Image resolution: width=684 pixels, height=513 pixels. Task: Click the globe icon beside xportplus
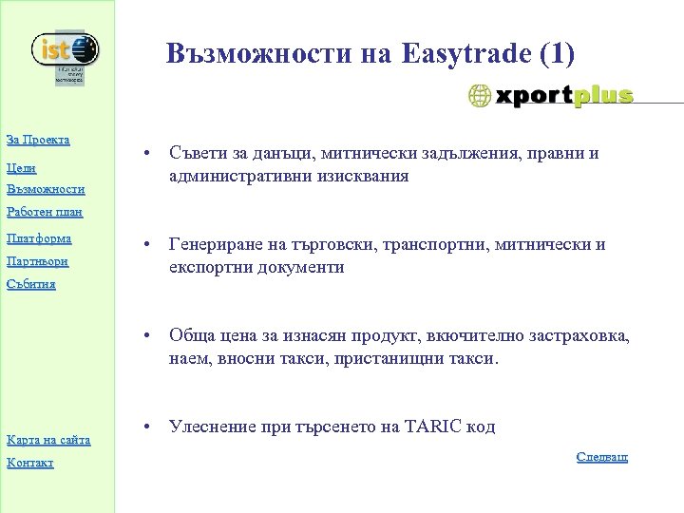[x=481, y=96]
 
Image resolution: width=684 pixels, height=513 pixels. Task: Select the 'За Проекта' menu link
[x=38, y=141]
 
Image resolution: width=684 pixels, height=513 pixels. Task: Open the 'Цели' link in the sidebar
[x=21, y=166]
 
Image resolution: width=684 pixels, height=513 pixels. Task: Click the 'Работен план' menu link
[x=44, y=213]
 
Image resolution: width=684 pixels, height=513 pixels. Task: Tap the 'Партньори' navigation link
[x=38, y=260]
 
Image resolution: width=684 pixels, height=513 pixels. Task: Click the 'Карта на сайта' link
[x=48, y=439]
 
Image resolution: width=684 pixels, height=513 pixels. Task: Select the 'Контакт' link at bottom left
[x=29, y=463]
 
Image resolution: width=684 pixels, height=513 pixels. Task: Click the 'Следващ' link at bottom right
[x=602, y=457]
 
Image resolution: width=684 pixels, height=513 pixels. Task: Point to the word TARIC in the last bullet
[x=435, y=427]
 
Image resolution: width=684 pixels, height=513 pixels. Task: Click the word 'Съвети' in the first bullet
[x=196, y=154]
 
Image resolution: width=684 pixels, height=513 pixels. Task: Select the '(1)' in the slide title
[x=555, y=54]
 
